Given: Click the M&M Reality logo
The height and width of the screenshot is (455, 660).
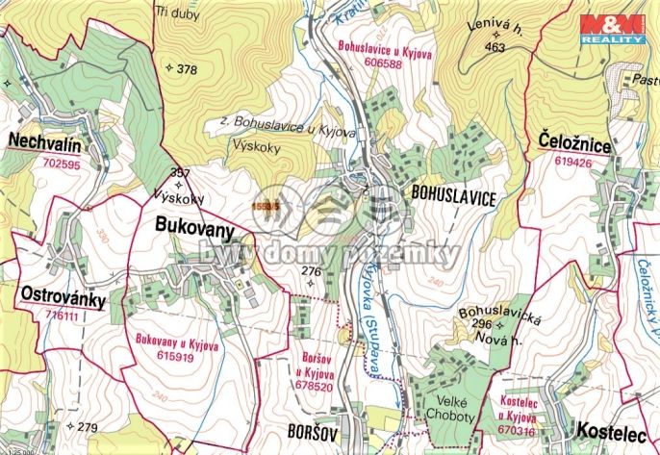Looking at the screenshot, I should click(611, 29).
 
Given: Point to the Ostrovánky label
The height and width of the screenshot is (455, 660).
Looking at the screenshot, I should click(61, 293).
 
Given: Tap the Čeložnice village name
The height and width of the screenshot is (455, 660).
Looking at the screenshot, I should click(570, 145).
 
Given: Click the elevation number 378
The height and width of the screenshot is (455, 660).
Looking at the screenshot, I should click(187, 68).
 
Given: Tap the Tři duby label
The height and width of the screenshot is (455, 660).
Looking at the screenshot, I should click(173, 13).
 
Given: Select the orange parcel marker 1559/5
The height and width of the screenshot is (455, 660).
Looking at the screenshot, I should click(265, 205).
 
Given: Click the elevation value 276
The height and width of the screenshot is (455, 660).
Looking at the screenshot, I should click(311, 271).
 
